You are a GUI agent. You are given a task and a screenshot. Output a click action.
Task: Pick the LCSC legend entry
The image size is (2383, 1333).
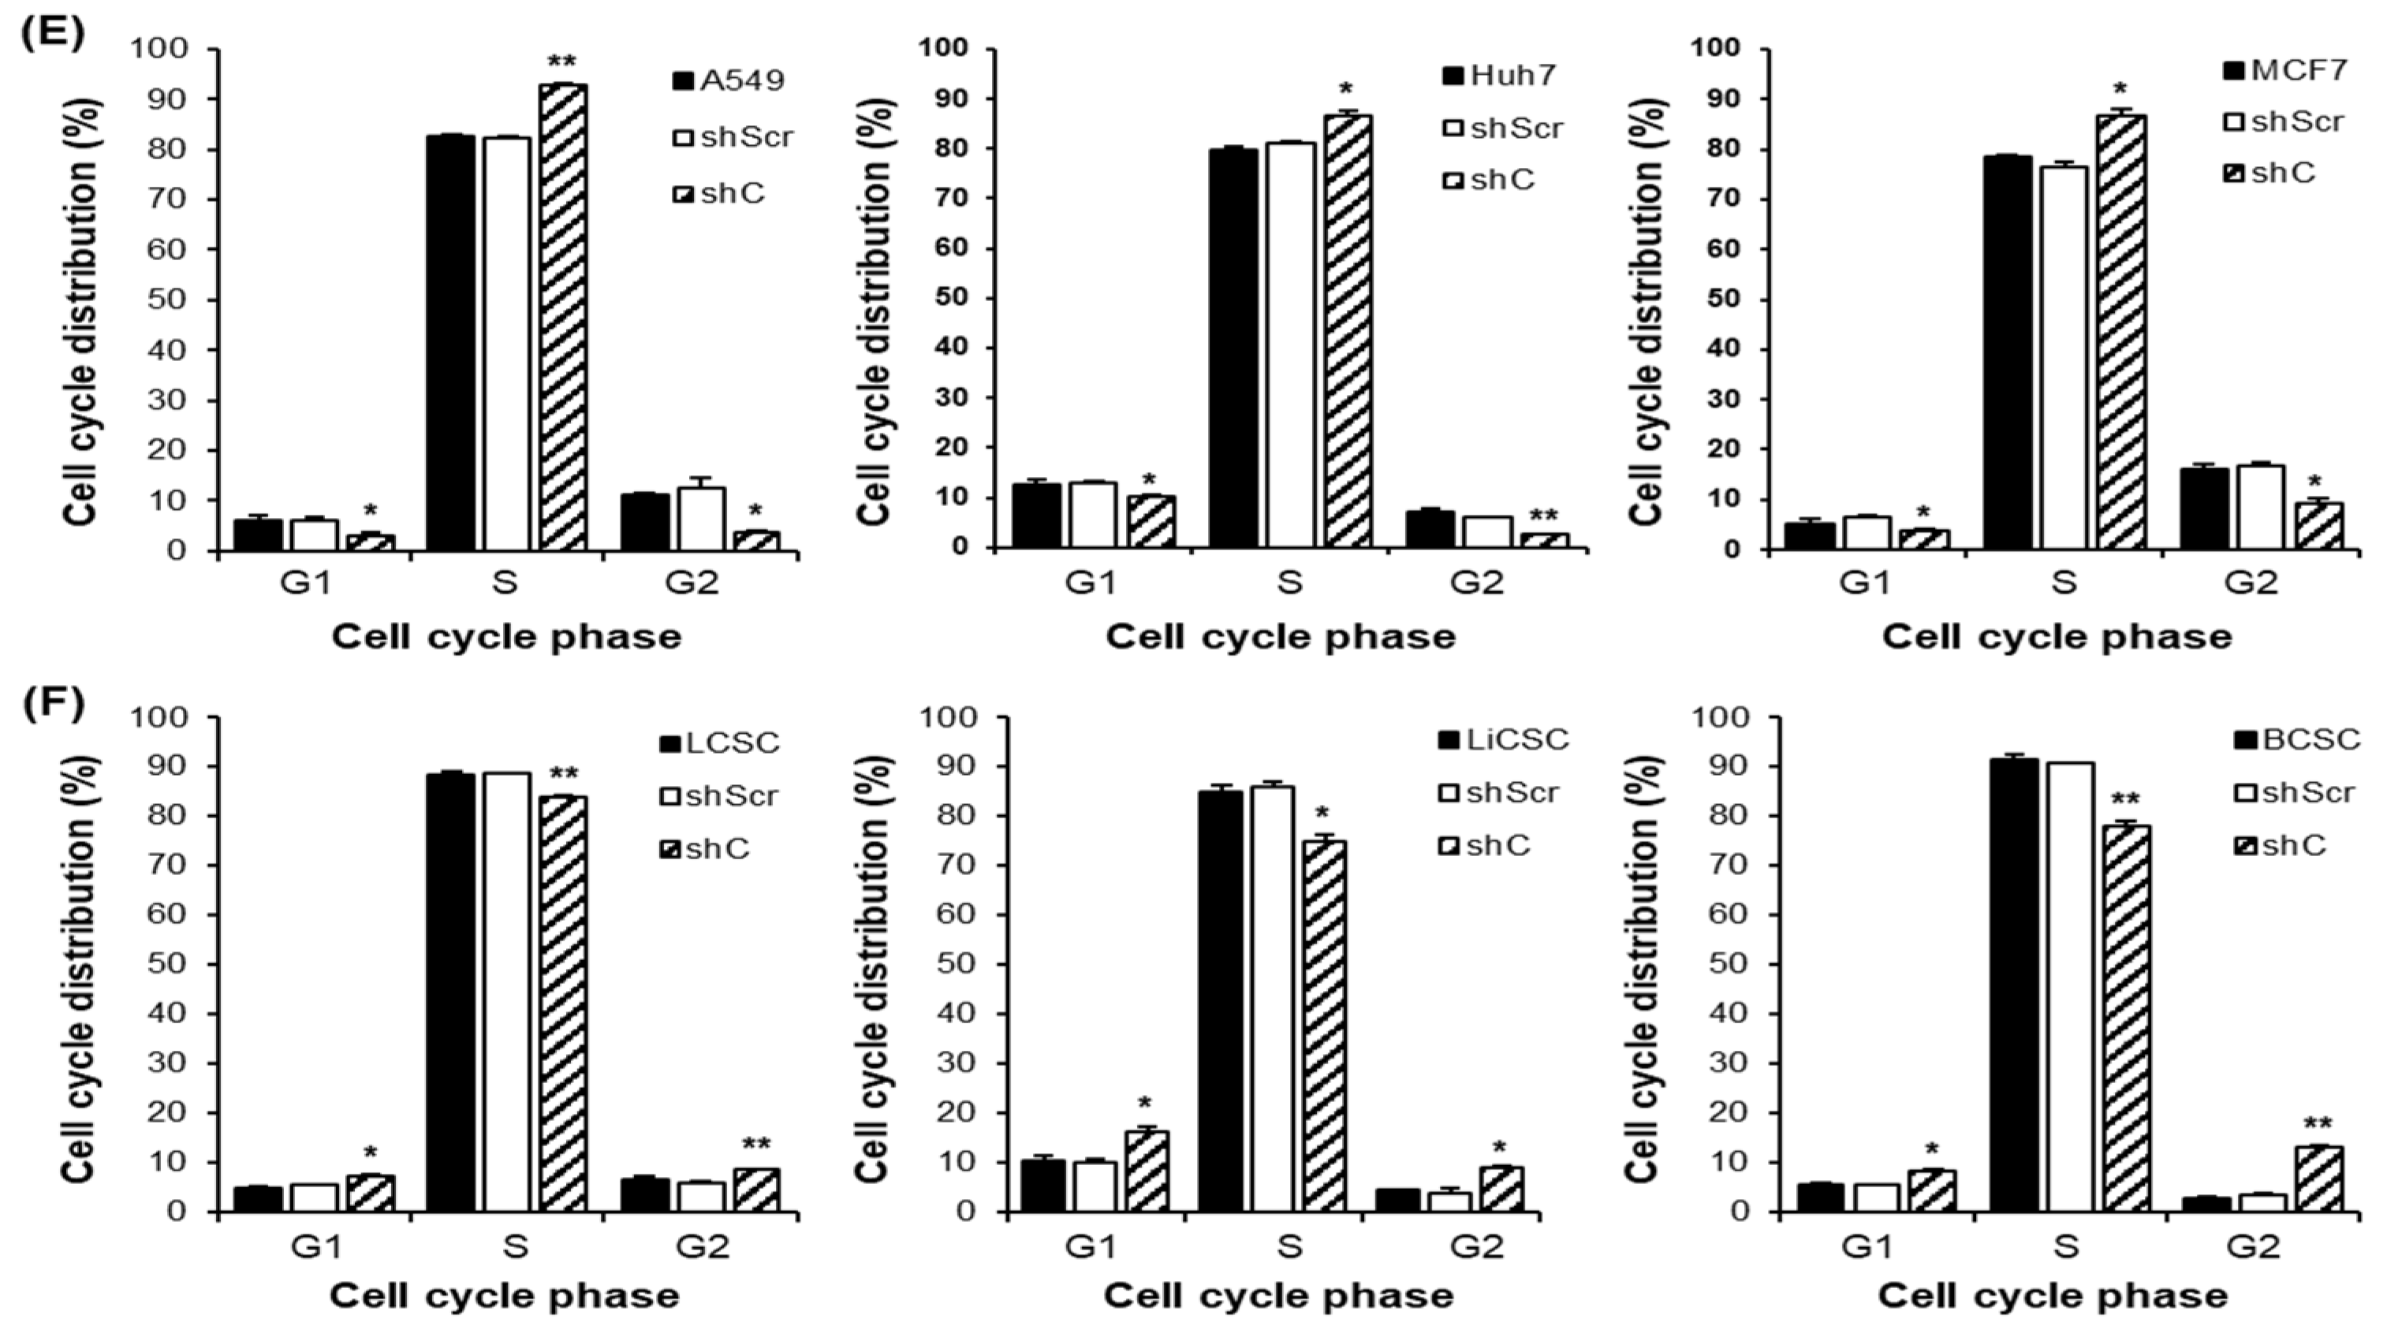tap(720, 743)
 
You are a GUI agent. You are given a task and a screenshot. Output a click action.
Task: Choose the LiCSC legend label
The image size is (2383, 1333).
tap(1503, 739)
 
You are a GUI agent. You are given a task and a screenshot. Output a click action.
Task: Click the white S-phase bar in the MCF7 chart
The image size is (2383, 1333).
tap(2064, 357)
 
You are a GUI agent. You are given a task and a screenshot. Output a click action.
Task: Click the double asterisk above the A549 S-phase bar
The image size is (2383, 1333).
tap(561, 62)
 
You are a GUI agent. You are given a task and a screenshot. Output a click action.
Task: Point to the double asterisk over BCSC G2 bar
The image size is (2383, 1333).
tap(2318, 1125)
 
